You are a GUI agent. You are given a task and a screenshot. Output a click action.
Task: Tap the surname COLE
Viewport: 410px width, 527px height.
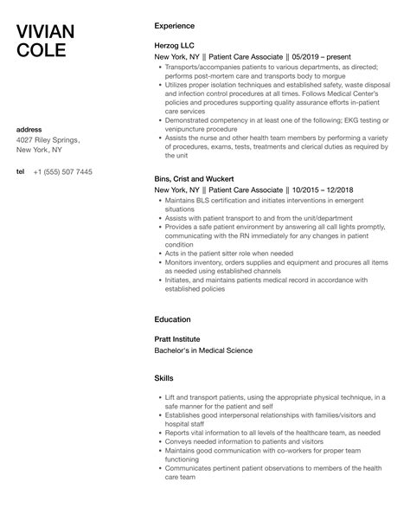tap(41, 51)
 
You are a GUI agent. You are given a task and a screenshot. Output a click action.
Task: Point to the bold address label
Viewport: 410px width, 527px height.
tap(30, 130)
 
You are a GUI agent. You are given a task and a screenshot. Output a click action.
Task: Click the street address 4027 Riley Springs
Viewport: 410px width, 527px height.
tap(48, 139)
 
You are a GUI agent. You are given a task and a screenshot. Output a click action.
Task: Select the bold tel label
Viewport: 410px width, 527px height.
tap(21, 171)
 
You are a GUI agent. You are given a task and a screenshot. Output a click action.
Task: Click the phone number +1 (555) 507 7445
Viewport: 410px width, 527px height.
tap(62, 171)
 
